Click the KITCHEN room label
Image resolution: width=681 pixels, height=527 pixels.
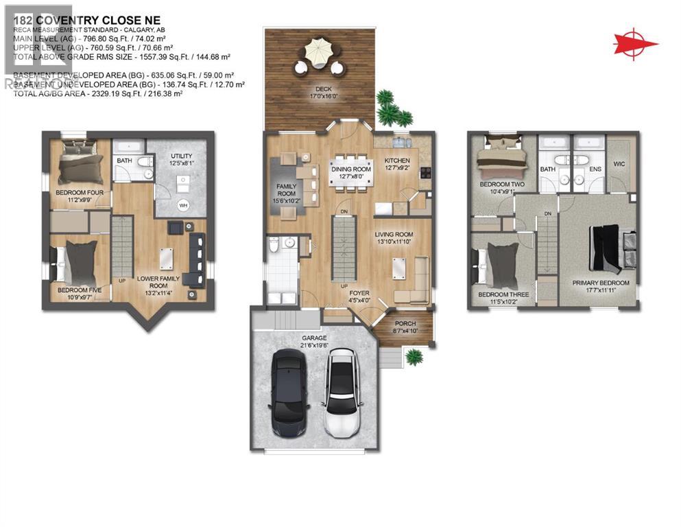pyautogui.click(x=398, y=161)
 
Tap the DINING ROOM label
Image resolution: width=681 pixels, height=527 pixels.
pyautogui.click(x=350, y=169)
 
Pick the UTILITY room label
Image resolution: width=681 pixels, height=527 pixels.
pyautogui.click(x=181, y=156)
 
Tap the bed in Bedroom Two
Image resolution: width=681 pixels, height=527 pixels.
pyautogui.click(x=501, y=159)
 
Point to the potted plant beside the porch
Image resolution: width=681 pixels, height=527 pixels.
pyautogui.click(x=414, y=357)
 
